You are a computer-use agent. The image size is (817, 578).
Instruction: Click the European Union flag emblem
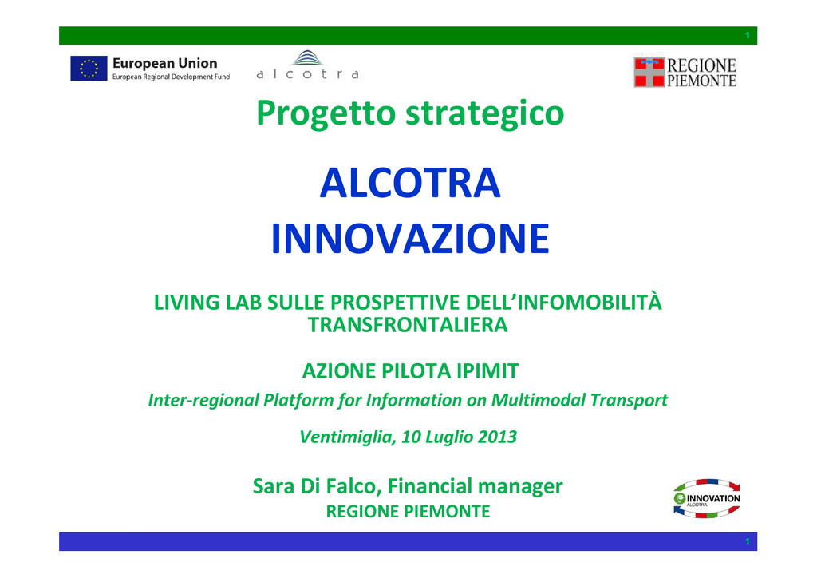tap(89, 69)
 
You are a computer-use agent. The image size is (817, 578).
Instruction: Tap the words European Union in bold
tap(164, 64)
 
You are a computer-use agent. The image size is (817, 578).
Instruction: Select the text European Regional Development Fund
tap(171, 77)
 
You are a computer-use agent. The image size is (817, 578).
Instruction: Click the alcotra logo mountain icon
tap(307, 57)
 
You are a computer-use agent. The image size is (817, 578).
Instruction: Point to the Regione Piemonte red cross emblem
tap(649, 72)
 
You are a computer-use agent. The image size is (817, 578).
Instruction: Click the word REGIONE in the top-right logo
tap(701, 65)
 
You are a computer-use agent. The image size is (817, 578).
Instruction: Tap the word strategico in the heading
tap(484, 113)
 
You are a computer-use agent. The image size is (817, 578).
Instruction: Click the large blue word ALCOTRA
tap(410, 184)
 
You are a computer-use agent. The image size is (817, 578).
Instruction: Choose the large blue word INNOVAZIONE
tap(410, 239)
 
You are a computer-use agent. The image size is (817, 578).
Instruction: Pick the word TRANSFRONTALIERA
tap(408, 325)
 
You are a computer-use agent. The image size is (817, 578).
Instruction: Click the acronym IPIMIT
tap(487, 371)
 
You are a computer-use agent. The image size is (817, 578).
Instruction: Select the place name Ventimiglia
tap(348, 437)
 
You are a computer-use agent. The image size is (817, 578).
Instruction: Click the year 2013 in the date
tap(497, 437)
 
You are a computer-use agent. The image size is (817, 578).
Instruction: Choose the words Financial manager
tap(476, 486)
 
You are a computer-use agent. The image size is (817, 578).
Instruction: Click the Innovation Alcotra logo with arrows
tap(707, 498)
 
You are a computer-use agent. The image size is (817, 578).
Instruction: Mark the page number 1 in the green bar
tap(747, 35)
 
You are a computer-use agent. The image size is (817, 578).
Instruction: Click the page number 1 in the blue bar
tap(747, 541)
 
